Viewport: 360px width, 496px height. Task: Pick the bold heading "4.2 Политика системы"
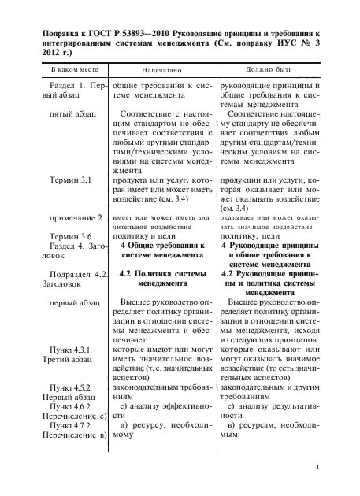(x=158, y=274)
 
